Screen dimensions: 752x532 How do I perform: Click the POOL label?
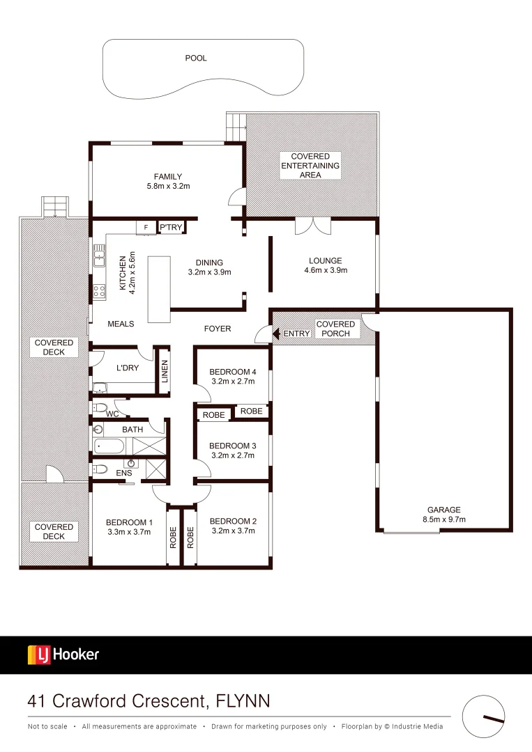196,58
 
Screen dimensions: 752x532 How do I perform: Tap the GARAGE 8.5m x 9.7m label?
444,515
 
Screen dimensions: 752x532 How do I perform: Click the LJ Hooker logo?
63,655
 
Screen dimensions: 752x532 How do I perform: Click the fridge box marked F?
146,228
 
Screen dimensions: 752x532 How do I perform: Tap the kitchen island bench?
159,290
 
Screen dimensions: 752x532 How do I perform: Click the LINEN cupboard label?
165,371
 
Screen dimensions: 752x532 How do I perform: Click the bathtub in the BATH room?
111,446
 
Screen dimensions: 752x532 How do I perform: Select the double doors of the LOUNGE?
312,226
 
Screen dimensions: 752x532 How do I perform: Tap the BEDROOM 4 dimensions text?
232,381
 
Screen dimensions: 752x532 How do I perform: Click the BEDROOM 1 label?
129,522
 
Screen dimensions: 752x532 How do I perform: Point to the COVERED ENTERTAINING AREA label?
310,166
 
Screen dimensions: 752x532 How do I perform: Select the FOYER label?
217,329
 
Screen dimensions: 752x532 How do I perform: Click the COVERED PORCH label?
335,329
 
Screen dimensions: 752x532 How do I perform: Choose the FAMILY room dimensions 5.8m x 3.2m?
168,186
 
